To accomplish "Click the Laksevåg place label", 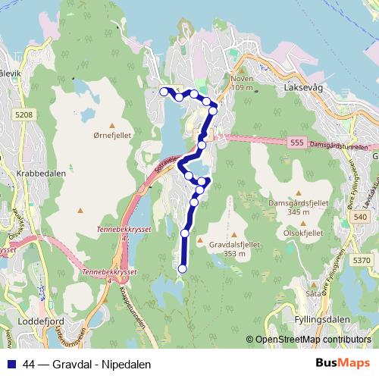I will click(302, 88).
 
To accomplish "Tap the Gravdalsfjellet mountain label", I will click(235, 245).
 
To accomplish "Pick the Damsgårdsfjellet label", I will click(299, 204).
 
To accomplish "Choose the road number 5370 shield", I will click(362, 260).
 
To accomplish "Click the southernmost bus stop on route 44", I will click(182, 268).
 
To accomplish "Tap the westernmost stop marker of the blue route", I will click(163, 91).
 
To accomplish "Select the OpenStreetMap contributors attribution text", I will click(312, 340).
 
